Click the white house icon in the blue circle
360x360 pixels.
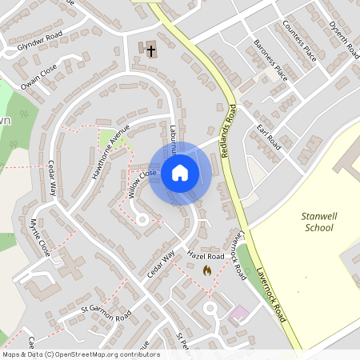(180, 173)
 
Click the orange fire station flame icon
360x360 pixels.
(208, 271)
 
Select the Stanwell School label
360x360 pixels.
(318, 222)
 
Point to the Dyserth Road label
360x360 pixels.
(343, 38)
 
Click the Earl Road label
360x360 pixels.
(269, 137)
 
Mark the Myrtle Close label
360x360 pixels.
(40, 237)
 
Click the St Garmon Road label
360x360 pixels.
(106, 313)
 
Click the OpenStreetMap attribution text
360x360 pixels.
(80, 354)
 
